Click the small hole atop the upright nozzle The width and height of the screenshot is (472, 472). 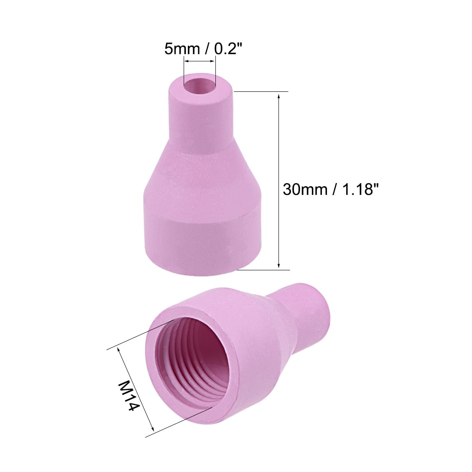click(x=200, y=83)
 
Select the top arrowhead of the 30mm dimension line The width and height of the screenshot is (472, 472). click(x=279, y=96)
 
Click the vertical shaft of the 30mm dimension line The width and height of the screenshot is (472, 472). click(x=279, y=180)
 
